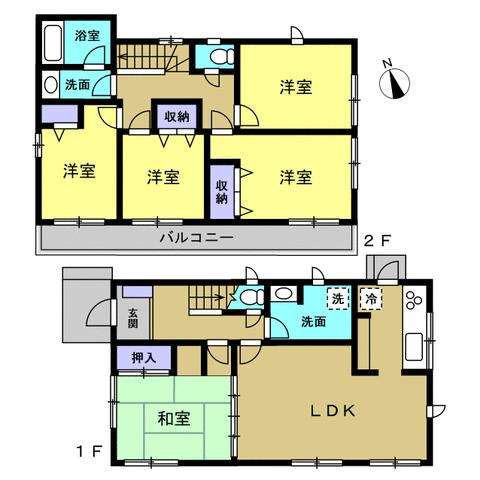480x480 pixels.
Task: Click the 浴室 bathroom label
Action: (x=88, y=36)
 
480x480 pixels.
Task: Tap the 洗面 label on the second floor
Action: (x=77, y=85)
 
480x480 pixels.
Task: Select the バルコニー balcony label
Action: (x=196, y=239)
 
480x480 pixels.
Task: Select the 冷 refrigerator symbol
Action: (x=371, y=299)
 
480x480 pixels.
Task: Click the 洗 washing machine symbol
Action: (x=338, y=298)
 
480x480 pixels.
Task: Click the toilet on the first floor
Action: (x=284, y=295)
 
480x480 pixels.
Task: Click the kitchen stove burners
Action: (x=415, y=300)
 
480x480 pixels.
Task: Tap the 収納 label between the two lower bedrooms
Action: (x=221, y=190)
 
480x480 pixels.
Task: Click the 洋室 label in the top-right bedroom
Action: (x=296, y=86)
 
